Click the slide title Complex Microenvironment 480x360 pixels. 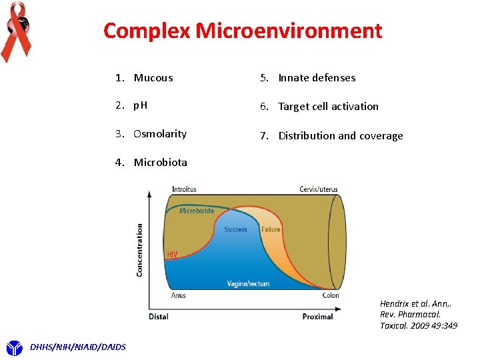click(243, 31)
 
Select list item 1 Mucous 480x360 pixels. click(153, 78)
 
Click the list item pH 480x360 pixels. click(141, 106)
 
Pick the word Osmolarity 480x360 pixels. click(160, 134)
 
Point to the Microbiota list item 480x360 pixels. click(160, 163)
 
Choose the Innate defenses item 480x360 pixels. click(317, 78)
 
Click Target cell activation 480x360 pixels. click(328, 107)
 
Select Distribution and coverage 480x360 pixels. click(340, 136)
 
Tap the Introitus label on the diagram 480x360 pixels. click(184, 189)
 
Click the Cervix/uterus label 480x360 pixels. click(318, 189)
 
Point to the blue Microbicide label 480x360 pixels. click(197, 211)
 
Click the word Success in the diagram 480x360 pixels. click(235, 229)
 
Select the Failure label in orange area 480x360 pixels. click(271, 229)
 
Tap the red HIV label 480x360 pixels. click(172, 254)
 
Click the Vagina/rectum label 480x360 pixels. click(248, 283)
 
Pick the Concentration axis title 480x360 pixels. click(140, 250)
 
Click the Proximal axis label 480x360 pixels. click(317, 316)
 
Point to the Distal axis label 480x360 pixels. click(159, 316)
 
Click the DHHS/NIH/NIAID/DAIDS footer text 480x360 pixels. click(78, 346)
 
